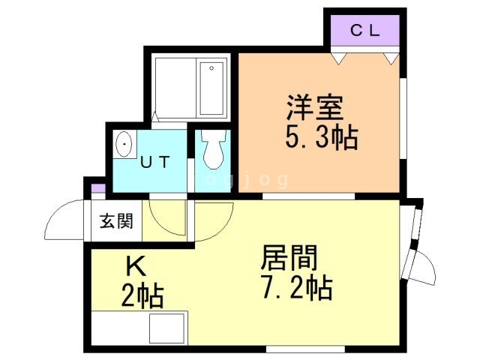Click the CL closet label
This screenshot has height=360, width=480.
pyautogui.click(x=365, y=31)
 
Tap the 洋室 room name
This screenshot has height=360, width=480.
pyautogui.click(x=315, y=108)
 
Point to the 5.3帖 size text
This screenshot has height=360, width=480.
pyautogui.click(x=322, y=137)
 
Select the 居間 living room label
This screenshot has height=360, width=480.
pyautogui.click(x=289, y=258)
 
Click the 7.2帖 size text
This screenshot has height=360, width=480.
pyautogui.click(x=297, y=287)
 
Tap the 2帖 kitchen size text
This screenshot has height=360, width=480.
pyautogui.click(x=142, y=295)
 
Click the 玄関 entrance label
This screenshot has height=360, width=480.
pyautogui.click(x=117, y=220)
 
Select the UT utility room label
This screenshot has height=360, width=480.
pyautogui.click(x=155, y=162)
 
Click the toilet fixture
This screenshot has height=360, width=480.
pyautogui.click(x=214, y=149)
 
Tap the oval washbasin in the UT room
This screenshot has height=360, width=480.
pyautogui.click(x=124, y=144)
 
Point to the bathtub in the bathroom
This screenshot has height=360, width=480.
pyautogui.click(x=211, y=88)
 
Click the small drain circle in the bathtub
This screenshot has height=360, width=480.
pyautogui.click(x=211, y=68)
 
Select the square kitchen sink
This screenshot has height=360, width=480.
pyautogui.click(x=166, y=328)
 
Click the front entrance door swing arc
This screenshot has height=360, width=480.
pyautogui.click(x=64, y=220)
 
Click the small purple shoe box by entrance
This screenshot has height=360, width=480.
pyautogui.click(x=98, y=188)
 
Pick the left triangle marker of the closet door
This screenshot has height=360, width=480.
pyautogui.click(x=338, y=58)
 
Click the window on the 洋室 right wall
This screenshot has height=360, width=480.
pyautogui.click(x=403, y=118)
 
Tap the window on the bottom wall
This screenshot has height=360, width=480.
pyautogui.click(x=305, y=349)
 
